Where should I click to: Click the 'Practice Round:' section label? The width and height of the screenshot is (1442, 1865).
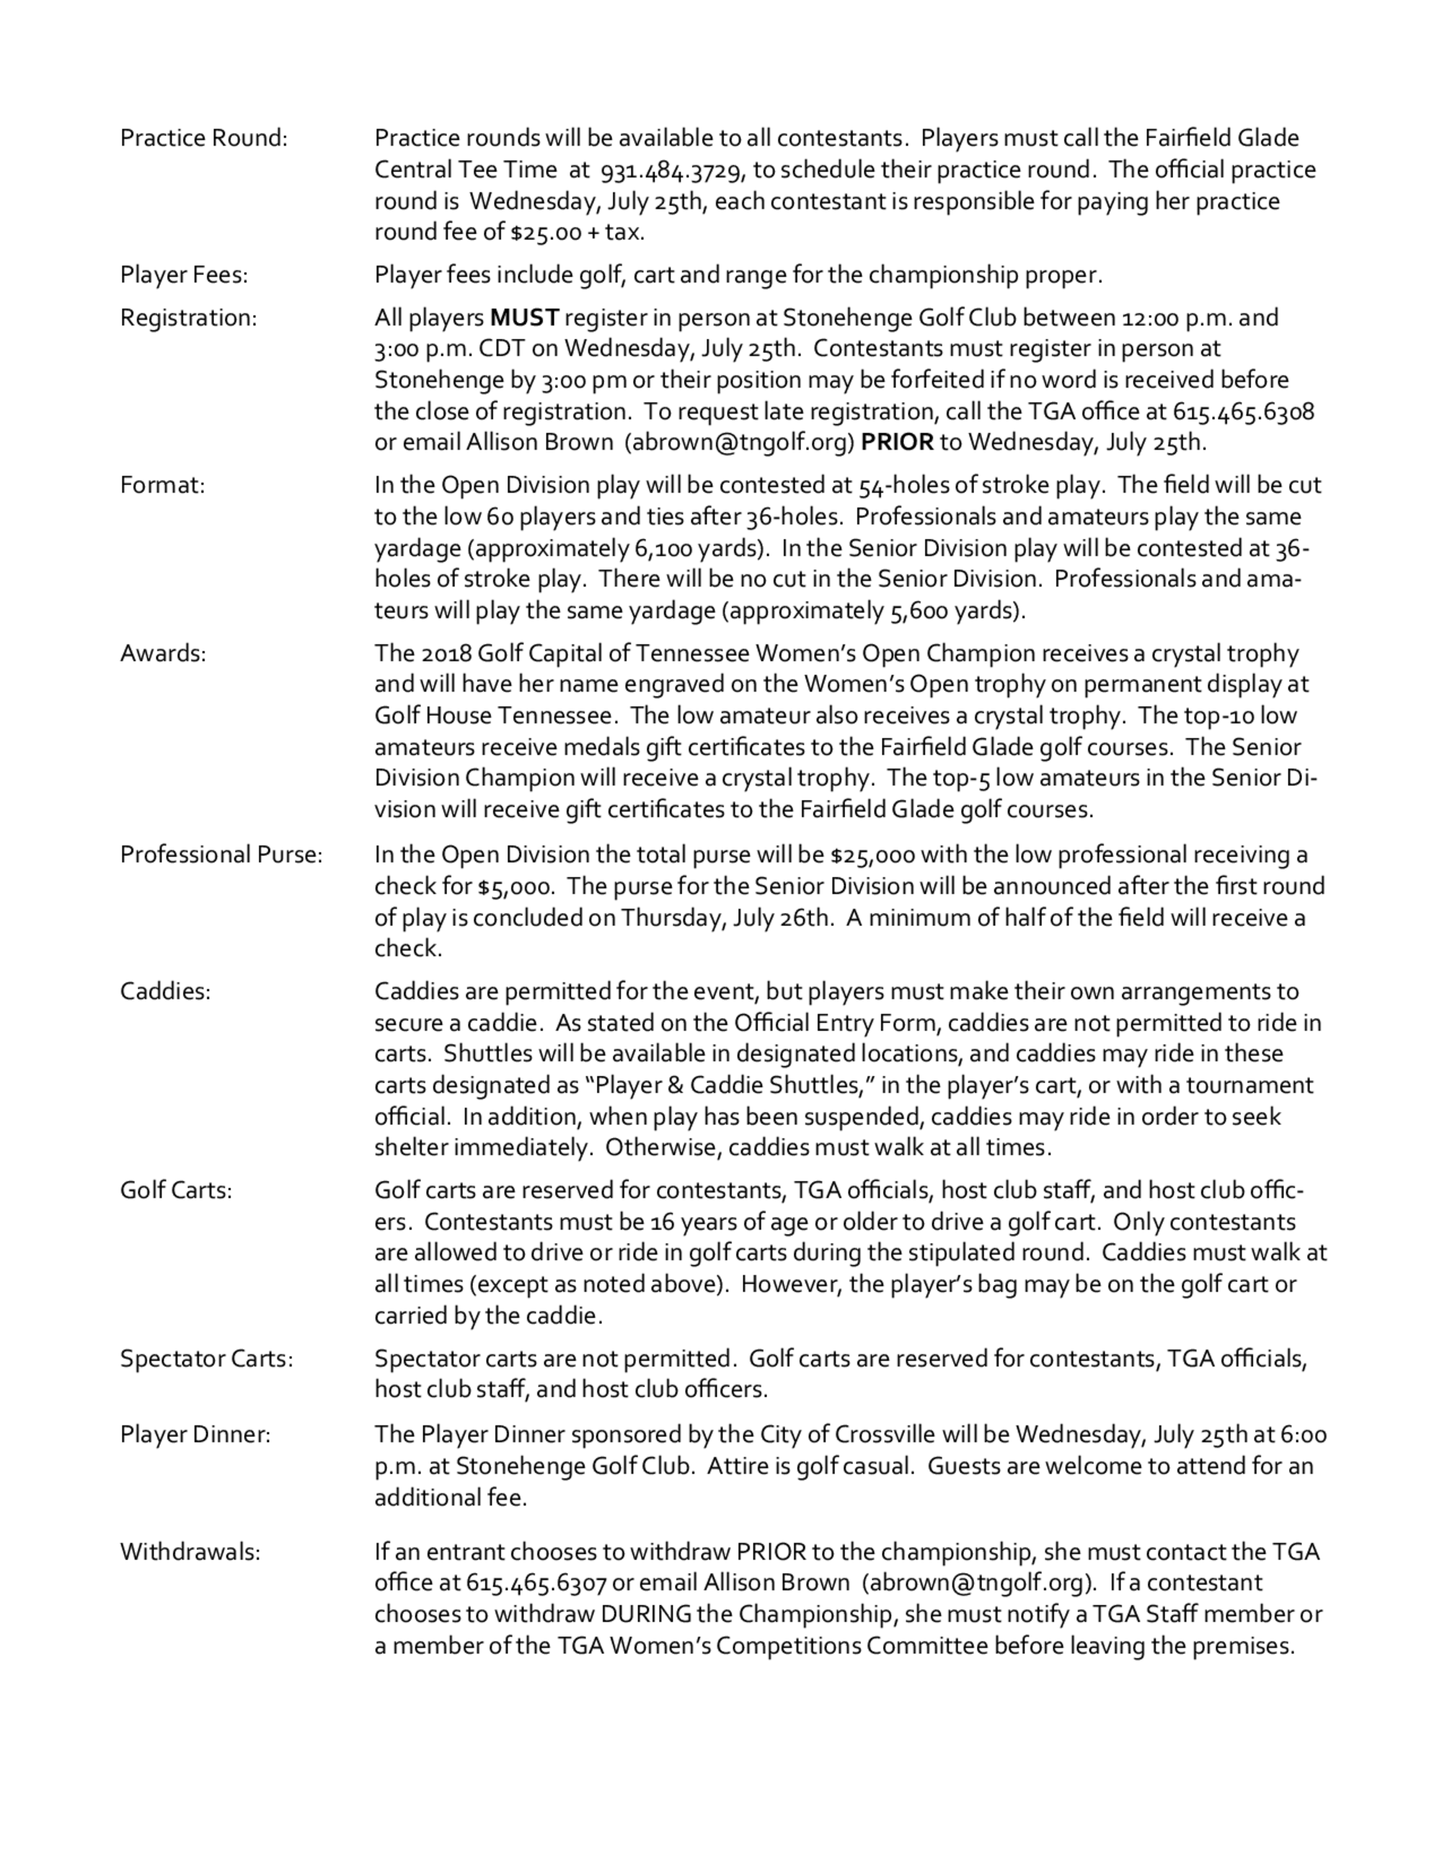203,138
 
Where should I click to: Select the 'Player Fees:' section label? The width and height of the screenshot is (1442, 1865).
184,275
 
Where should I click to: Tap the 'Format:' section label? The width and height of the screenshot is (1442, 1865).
162,485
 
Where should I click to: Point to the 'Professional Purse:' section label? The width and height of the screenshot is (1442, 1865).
221,855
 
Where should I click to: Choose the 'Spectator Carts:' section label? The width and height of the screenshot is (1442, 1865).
206,1358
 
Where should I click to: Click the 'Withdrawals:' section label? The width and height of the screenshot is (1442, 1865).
190,1552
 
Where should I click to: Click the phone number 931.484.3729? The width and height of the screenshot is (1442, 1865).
672,171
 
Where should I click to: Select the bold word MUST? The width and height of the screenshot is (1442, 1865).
524,318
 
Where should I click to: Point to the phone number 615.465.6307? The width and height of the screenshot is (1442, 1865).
536,1583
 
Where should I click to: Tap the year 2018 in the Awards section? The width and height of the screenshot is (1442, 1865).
444,654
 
